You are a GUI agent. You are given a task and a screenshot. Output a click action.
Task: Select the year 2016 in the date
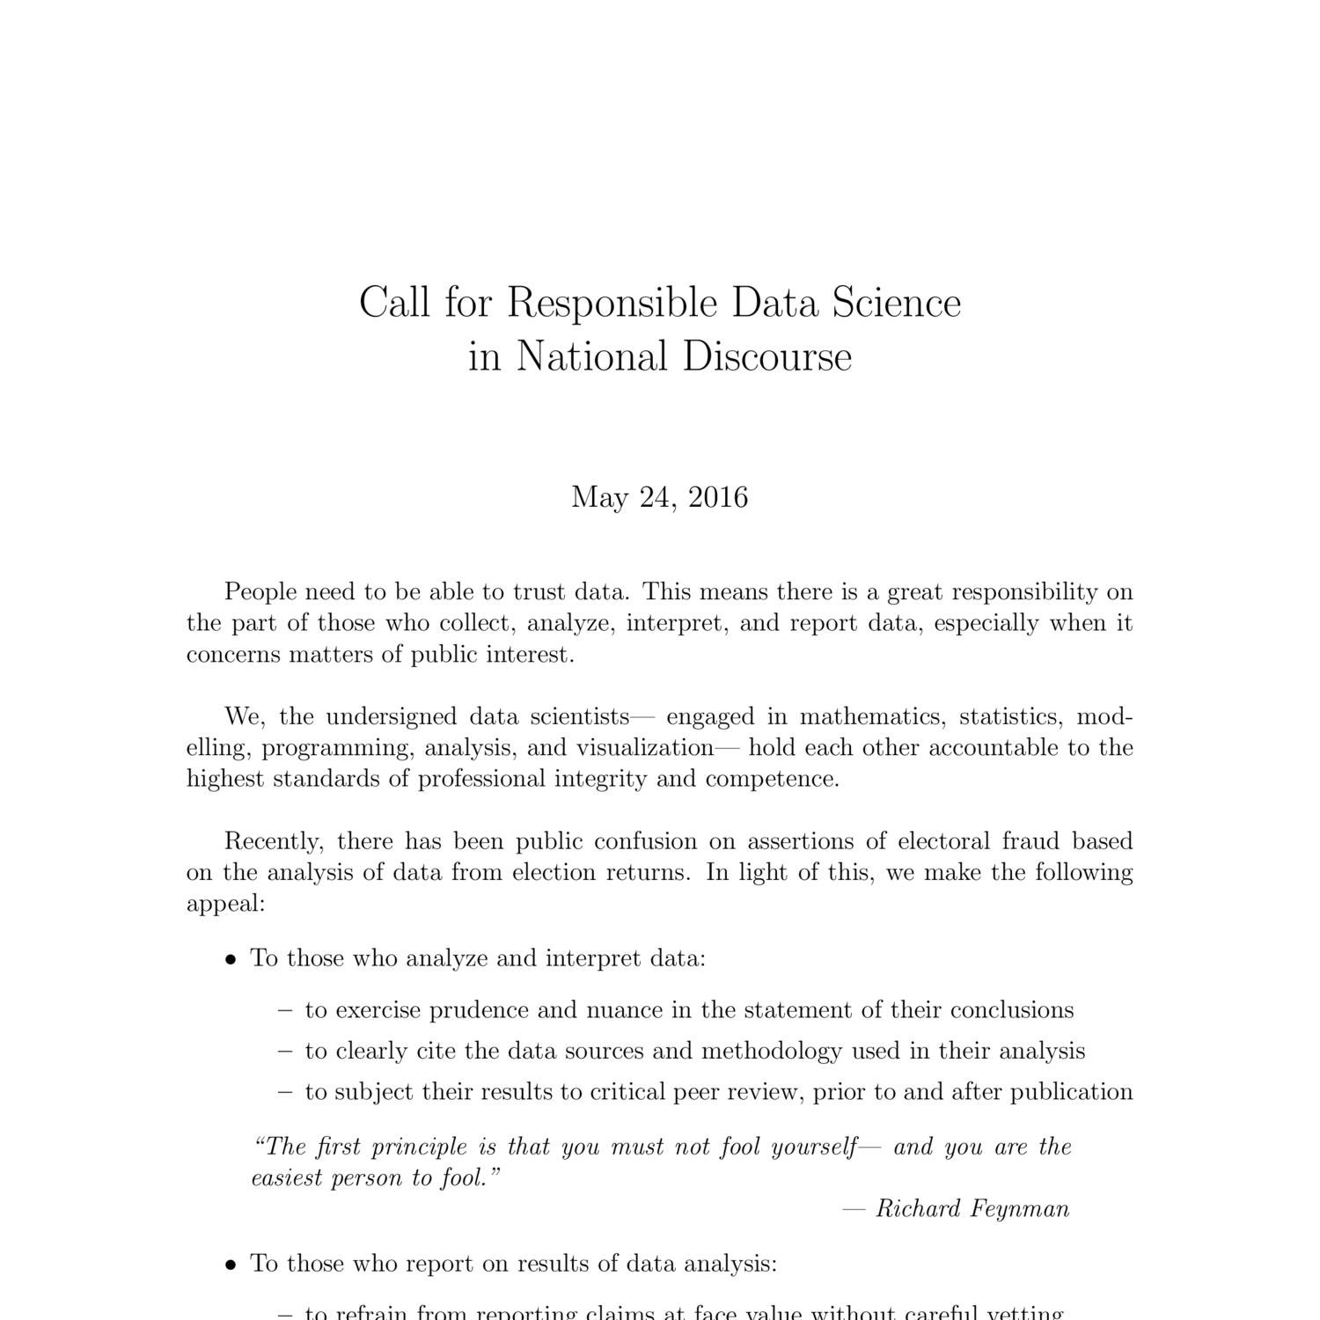coord(718,497)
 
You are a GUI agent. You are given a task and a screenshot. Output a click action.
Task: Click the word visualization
coord(645,748)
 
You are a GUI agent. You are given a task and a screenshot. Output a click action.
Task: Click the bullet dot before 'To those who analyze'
coord(231,960)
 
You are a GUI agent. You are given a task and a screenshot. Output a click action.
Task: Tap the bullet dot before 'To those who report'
coord(231,1266)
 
